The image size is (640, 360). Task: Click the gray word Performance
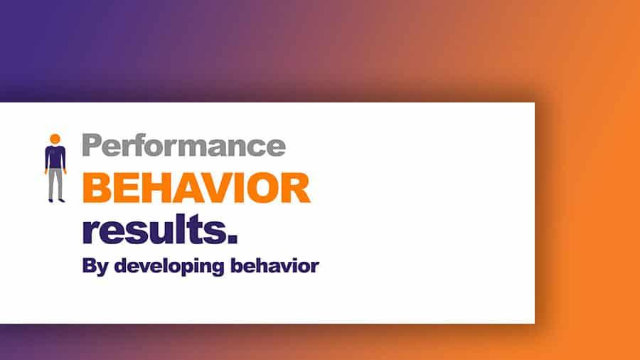pyautogui.click(x=183, y=146)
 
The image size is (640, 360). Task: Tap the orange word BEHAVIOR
pyautogui.click(x=196, y=188)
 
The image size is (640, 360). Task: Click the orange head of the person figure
pyautogui.click(x=55, y=138)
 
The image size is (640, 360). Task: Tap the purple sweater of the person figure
pyautogui.click(x=55, y=157)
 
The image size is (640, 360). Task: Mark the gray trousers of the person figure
pyautogui.click(x=55, y=184)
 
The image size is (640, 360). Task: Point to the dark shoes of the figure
pyautogui.click(x=55, y=200)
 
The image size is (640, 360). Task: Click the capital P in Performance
pyautogui.click(x=92, y=145)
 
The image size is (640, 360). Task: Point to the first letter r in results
pyautogui.click(x=90, y=231)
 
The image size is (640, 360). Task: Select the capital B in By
pyautogui.click(x=89, y=266)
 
